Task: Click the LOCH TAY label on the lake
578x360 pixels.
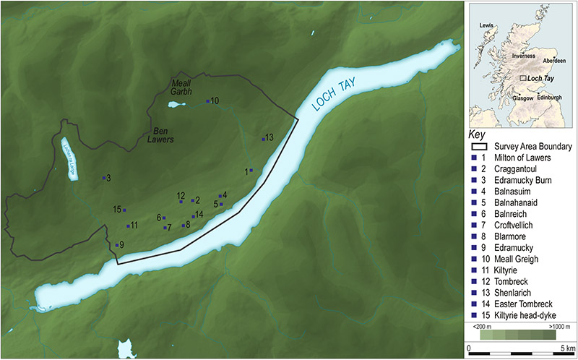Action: [x=338, y=95]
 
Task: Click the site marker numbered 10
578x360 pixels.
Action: [x=208, y=101]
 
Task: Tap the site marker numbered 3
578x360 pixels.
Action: [x=104, y=178]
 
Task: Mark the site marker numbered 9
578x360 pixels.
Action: [x=117, y=245]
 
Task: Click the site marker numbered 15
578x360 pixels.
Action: [x=125, y=210]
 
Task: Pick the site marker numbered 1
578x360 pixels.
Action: [x=251, y=171]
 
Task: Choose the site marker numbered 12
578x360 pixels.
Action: [x=181, y=202]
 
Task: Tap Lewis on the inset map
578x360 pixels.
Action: [x=487, y=26]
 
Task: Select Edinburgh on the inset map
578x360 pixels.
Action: [x=547, y=97]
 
